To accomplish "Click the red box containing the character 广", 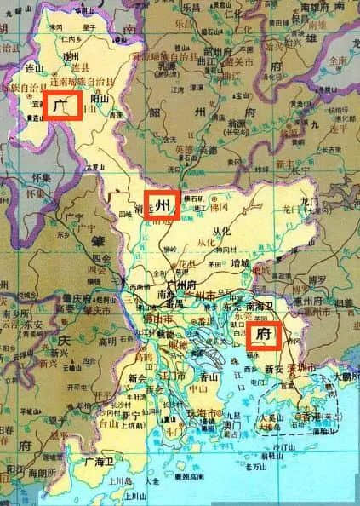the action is click(62, 107).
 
